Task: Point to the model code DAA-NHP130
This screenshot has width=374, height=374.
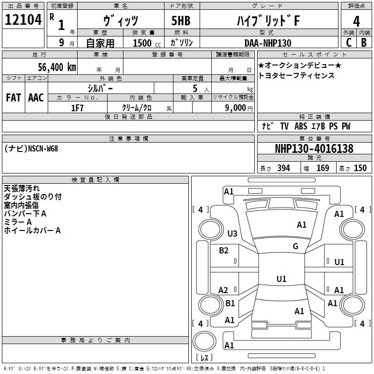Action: [267, 43]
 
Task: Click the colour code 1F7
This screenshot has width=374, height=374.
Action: [77, 108]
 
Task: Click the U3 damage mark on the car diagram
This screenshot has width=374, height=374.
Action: [232, 233]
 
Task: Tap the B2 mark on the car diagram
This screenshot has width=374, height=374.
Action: [224, 251]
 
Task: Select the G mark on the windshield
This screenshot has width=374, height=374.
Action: [295, 246]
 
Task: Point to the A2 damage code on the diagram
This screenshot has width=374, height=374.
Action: [223, 290]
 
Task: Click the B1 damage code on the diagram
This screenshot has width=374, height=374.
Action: [230, 303]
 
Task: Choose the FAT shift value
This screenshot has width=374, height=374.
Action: [13, 98]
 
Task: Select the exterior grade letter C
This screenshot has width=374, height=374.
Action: [348, 43]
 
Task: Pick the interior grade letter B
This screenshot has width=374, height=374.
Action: [364, 43]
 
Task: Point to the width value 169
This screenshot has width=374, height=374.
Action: [323, 168]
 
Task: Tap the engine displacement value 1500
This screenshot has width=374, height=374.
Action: [142, 43]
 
